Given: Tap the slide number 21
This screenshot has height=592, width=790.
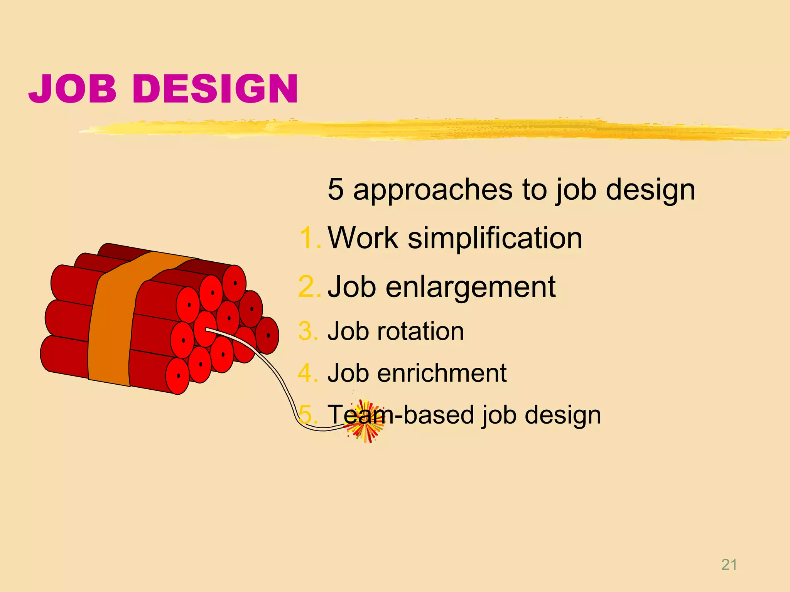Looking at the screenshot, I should (729, 565).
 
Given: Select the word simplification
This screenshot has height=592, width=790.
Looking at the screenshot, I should (495, 238).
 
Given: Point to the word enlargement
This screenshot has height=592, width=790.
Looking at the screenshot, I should (471, 287).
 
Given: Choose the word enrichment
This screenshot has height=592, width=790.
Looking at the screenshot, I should (442, 373).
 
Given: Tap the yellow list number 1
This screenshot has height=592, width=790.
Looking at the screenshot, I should (309, 238).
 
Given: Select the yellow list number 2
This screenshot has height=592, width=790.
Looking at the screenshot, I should (309, 287).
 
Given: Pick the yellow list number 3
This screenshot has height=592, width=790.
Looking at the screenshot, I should (308, 331).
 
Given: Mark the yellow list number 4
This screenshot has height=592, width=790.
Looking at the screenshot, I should (308, 373).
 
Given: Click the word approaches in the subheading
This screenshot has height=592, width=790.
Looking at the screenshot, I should (433, 190).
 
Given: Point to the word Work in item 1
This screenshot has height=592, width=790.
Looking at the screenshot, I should (363, 238).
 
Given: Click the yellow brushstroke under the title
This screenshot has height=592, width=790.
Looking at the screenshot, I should (424, 129).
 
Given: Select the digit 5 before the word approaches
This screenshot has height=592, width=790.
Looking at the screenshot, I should (335, 189).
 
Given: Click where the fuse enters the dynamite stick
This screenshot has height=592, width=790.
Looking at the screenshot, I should (207, 330).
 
